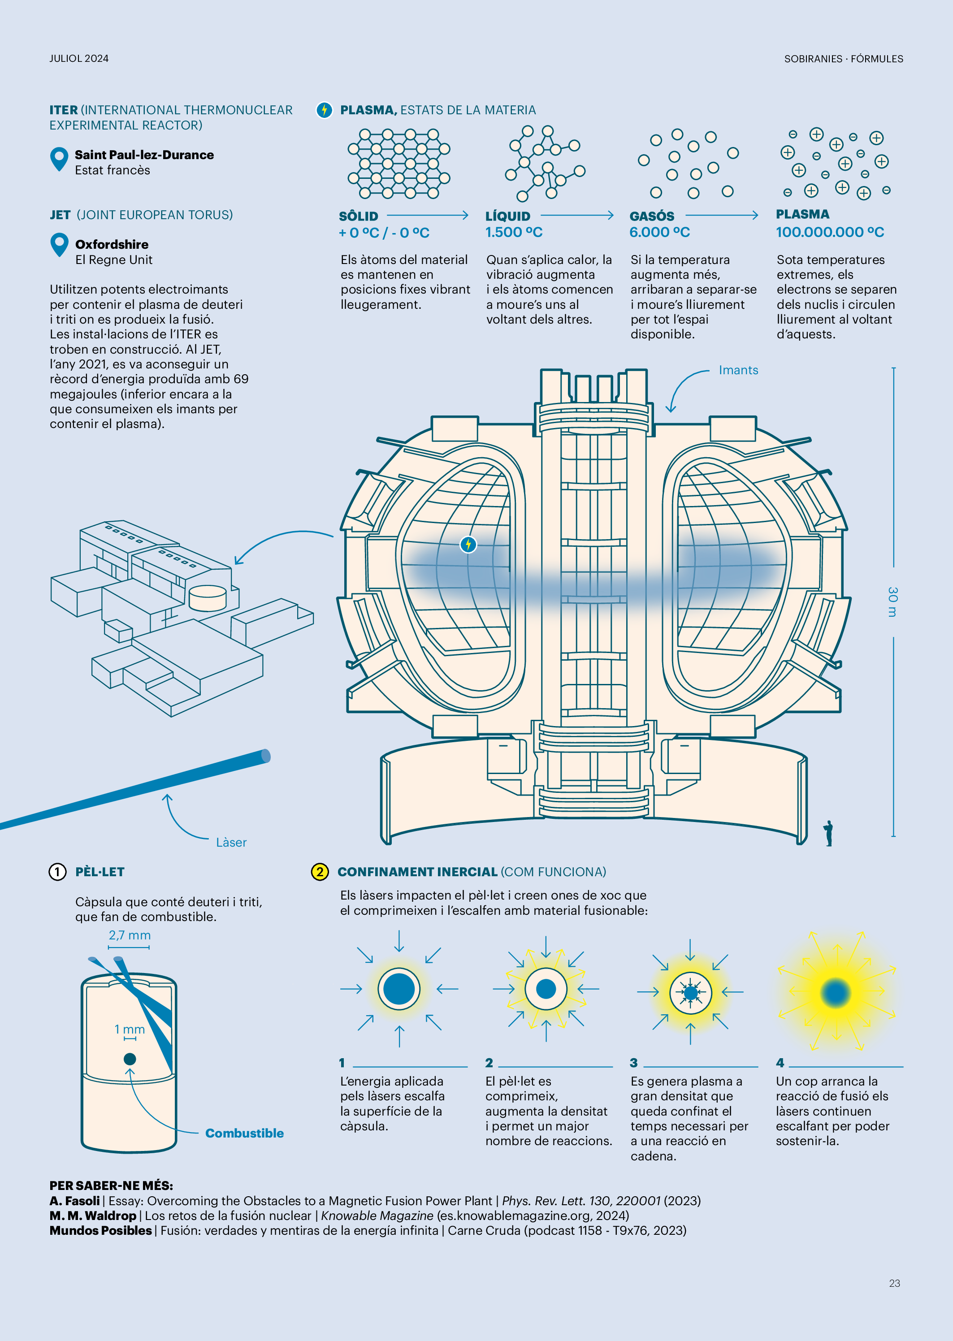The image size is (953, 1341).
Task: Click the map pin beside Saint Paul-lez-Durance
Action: [x=59, y=158]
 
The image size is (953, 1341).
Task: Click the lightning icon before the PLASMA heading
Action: [x=324, y=110]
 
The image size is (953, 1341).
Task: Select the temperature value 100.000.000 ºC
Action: [x=829, y=232]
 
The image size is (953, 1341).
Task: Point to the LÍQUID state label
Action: [x=507, y=216]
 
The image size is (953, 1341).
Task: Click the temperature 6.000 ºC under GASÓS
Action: [x=659, y=232]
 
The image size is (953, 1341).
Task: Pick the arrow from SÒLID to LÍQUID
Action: [x=427, y=215]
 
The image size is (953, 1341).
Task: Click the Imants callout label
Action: [x=738, y=370]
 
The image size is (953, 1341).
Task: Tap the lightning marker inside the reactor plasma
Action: [x=468, y=545]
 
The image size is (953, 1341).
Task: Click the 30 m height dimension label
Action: [x=892, y=601]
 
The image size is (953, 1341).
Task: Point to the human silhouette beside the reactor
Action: [x=828, y=833]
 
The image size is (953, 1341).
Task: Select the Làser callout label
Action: [x=231, y=842]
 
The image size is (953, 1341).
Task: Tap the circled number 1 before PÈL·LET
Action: [x=57, y=872]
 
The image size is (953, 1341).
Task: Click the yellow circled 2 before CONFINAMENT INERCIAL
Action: [x=319, y=872]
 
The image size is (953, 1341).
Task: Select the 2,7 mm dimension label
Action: [x=130, y=935]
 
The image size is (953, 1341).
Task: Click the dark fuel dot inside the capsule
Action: [x=130, y=1059]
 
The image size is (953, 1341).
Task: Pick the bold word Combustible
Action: [x=244, y=1133]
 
